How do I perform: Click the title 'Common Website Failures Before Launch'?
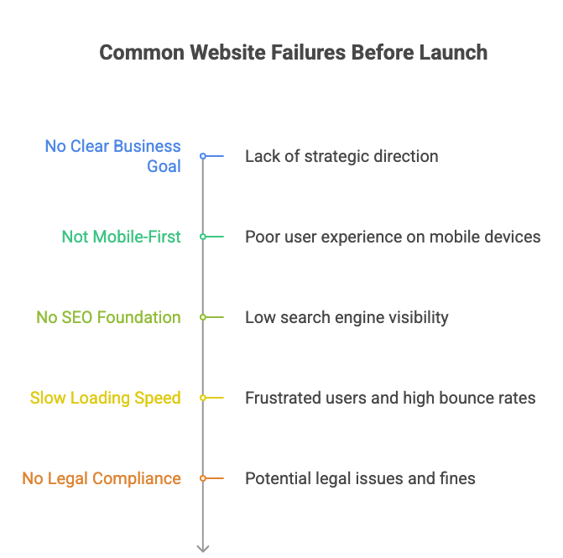point(293,52)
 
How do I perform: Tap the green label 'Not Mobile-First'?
point(121,237)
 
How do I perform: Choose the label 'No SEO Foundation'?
point(108,317)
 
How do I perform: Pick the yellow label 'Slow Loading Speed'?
point(105,398)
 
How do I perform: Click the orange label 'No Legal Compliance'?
point(101,478)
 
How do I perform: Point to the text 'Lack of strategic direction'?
point(341,156)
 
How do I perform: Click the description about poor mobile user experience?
point(392,237)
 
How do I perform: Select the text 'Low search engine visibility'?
point(347,317)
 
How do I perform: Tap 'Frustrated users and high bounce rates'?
point(390,398)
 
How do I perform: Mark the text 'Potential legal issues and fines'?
point(360,478)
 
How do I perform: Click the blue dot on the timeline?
point(203,156)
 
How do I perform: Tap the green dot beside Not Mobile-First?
point(203,237)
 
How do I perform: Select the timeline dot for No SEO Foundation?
point(203,317)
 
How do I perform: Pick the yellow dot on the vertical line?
point(203,398)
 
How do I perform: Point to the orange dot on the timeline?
point(203,478)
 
